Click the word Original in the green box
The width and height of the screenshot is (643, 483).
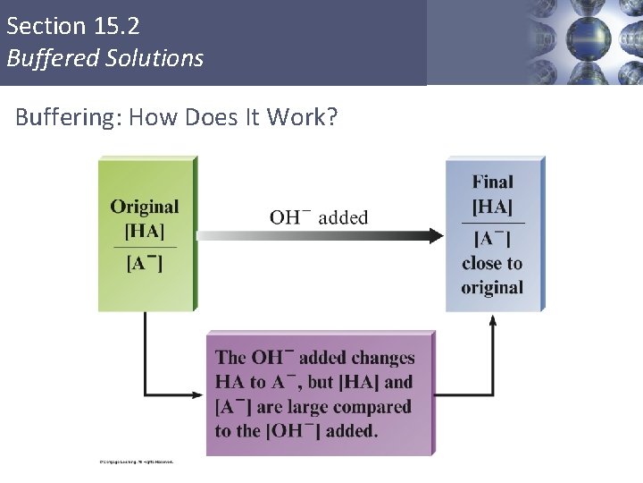[145, 207]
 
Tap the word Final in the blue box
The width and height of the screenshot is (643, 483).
[493, 182]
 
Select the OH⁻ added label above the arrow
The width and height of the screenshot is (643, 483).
[319, 216]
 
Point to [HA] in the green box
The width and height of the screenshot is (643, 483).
[145, 231]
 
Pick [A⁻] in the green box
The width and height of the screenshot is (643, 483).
[145, 262]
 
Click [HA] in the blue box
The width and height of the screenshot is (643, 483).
[493, 207]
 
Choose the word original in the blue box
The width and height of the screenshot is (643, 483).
[492, 287]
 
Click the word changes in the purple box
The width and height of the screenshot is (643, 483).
[379, 358]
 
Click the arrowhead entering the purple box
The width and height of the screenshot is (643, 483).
[200, 394]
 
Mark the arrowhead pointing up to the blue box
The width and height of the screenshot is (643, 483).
[493, 319]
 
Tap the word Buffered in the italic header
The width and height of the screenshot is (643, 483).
[45, 59]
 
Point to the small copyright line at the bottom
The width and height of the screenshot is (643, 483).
[135, 462]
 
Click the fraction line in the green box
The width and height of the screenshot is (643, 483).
[145, 246]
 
